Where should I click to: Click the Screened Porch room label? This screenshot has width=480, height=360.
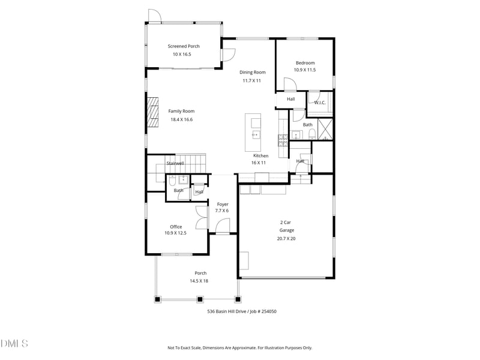[x=184, y=46]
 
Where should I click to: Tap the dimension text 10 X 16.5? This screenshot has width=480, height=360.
[x=184, y=55]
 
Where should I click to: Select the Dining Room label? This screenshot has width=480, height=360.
[x=253, y=72]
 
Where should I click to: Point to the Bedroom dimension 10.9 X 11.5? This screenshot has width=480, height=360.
[x=305, y=70]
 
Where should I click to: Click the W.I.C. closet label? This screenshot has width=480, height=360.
[x=320, y=103]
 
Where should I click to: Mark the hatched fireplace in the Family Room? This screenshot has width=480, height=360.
[x=153, y=115]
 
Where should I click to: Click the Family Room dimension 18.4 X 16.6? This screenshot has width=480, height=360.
[x=181, y=119]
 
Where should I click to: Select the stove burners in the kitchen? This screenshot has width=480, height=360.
[x=283, y=140]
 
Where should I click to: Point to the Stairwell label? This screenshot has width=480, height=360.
[x=175, y=163]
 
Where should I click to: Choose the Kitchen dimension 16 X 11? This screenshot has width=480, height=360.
[x=260, y=163]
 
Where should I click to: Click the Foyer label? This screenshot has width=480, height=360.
[x=223, y=204]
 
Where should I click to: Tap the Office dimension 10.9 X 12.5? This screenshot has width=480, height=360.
[x=176, y=233]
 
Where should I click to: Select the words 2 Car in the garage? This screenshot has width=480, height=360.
[x=286, y=222]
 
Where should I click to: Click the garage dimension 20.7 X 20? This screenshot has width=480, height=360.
[x=286, y=239]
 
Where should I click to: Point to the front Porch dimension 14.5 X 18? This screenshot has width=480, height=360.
[x=200, y=281]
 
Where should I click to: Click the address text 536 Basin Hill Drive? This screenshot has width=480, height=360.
[x=228, y=311]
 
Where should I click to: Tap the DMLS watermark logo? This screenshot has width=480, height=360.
[x=14, y=343]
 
